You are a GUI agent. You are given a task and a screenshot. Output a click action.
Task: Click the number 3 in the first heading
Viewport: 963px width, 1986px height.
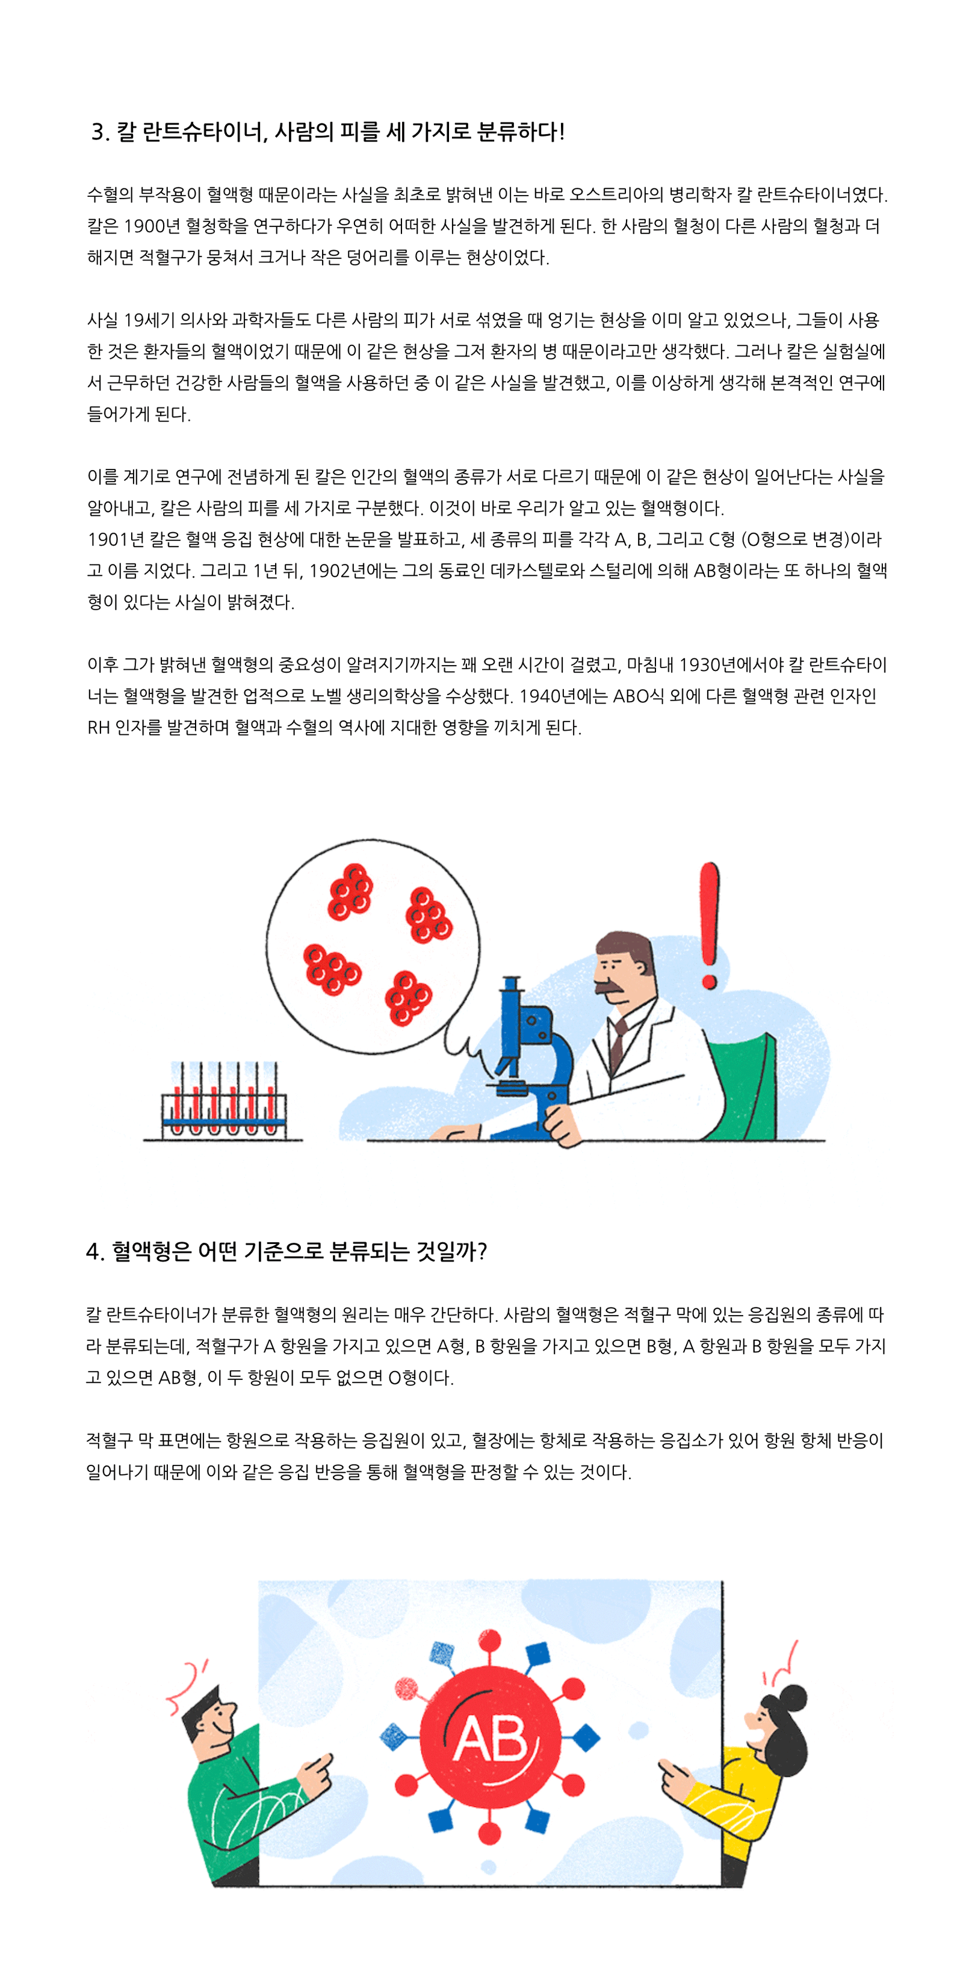tap(98, 132)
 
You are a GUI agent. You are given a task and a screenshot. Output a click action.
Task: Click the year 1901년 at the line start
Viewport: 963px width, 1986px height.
tap(116, 540)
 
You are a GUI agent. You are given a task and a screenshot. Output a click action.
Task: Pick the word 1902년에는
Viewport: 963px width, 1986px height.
tap(351, 571)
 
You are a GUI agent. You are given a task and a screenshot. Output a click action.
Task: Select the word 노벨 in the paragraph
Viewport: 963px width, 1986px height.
tap(326, 696)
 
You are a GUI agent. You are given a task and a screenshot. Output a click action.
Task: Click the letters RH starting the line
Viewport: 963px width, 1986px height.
tap(99, 728)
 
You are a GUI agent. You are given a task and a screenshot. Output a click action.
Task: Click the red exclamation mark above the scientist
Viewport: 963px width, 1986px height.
tap(710, 925)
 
